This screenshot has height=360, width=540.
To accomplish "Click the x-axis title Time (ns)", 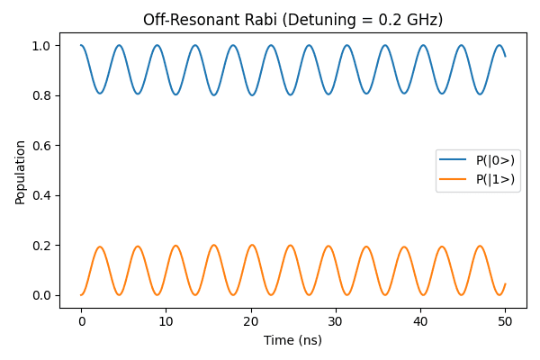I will (292, 340).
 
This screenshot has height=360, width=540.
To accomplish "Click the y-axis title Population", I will (20, 171).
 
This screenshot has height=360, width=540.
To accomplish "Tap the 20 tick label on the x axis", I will (251, 321).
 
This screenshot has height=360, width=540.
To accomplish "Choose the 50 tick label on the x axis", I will (505, 321).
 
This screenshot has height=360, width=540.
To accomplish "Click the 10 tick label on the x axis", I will (166, 321).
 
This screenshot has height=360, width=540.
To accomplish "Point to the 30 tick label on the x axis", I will (336, 321).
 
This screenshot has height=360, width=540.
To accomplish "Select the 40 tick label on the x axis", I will (420, 321).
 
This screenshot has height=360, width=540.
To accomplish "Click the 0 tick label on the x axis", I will (81, 321).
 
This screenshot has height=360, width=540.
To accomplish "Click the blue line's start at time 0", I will (81, 46).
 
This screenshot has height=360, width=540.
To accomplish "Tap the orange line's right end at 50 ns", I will (505, 284).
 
